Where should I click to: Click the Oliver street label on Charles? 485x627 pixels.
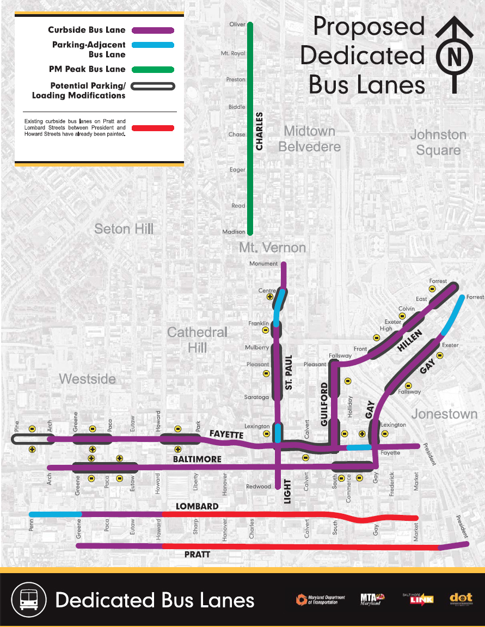237,24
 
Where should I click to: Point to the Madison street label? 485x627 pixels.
234,232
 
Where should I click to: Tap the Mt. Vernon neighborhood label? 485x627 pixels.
272,248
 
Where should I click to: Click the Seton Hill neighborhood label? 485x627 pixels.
124,229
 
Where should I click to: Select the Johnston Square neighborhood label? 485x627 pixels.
438,142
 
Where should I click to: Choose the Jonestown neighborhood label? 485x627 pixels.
444,414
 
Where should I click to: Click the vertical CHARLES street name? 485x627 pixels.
260,131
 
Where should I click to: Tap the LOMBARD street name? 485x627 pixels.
197,506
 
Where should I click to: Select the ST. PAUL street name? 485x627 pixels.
289,373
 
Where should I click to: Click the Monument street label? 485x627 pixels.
263,264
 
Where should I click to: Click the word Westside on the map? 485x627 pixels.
87,378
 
